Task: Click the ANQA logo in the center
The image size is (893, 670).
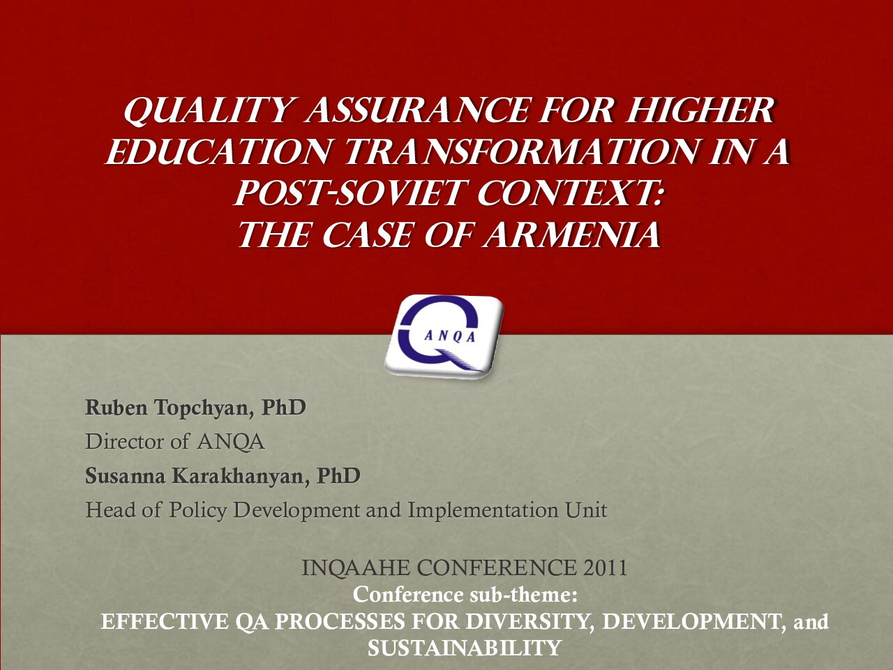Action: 444,337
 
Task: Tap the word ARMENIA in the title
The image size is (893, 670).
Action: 571,235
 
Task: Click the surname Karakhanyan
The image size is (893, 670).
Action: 241,477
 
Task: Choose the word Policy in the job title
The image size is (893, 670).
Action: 197,511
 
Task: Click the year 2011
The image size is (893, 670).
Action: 605,568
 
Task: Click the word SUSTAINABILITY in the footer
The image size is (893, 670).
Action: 464,648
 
